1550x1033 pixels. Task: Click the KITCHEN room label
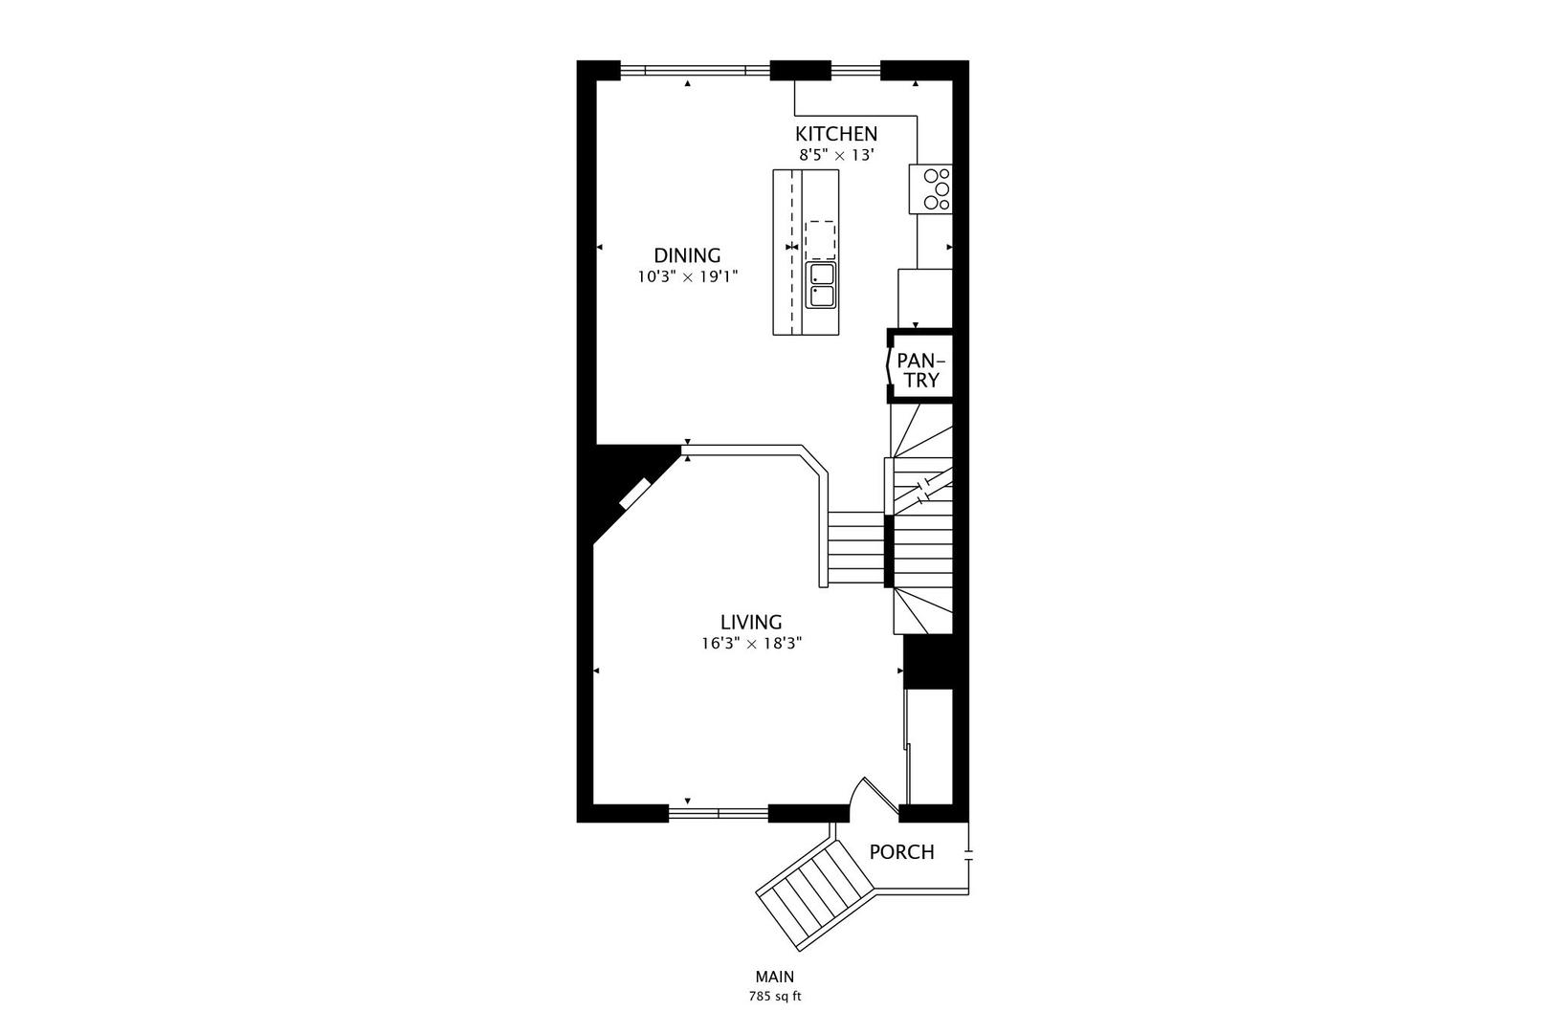pyautogui.click(x=835, y=134)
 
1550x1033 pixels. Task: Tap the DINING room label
pyautogui.click(x=687, y=255)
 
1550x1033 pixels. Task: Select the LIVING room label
pyautogui.click(x=751, y=622)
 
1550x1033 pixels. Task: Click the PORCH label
pyautogui.click(x=901, y=852)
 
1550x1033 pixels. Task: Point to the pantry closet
pyautogui.click(x=919, y=369)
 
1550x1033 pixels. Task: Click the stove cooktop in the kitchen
pyautogui.click(x=930, y=188)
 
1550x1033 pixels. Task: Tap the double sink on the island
pyautogui.click(x=821, y=285)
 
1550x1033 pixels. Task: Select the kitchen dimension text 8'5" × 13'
pyautogui.click(x=835, y=154)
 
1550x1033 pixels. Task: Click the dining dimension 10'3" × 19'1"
pyautogui.click(x=687, y=276)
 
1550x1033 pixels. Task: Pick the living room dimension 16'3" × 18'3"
pyautogui.click(x=751, y=644)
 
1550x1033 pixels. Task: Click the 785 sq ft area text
pyautogui.click(x=774, y=997)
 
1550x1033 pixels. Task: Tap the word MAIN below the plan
pyautogui.click(x=774, y=977)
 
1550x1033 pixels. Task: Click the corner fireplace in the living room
pyautogui.click(x=633, y=494)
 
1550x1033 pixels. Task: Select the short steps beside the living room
pyautogui.click(x=855, y=548)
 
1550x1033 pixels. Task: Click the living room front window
pyautogui.click(x=718, y=813)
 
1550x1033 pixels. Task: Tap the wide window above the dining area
pyautogui.click(x=695, y=70)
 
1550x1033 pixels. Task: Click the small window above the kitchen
pyautogui.click(x=854, y=70)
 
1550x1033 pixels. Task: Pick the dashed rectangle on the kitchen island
pyautogui.click(x=820, y=239)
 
